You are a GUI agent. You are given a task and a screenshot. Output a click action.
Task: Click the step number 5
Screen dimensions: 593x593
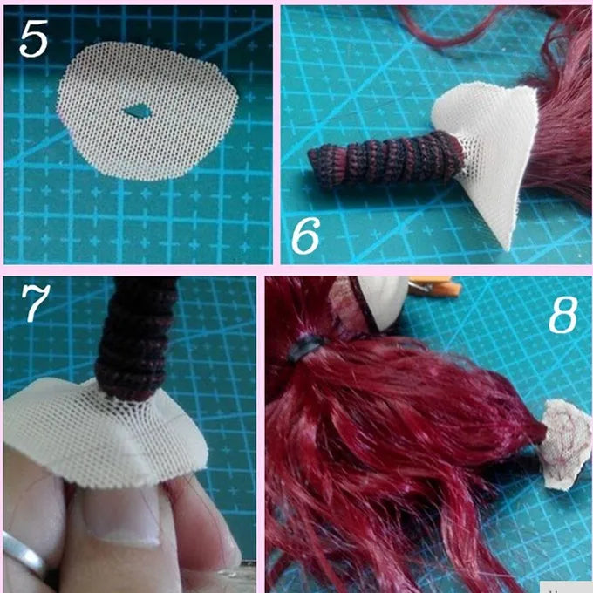pyautogui.click(x=34, y=38)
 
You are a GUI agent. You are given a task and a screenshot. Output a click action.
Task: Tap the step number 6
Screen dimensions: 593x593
pyautogui.click(x=305, y=235)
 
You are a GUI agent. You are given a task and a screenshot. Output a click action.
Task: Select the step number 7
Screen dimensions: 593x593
pyautogui.click(x=35, y=303)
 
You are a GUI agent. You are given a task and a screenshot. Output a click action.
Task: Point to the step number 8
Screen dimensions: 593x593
pyautogui.click(x=563, y=314)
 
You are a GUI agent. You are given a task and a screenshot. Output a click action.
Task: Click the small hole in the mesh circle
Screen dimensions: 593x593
pyautogui.click(x=137, y=111)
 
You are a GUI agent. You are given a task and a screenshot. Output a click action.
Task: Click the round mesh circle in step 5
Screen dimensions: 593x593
pyautogui.click(x=147, y=111)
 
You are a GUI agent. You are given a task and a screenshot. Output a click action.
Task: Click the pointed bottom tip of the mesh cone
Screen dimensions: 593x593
pyautogui.click(x=508, y=249)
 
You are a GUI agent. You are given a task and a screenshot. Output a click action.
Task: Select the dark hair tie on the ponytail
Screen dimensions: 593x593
pyautogui.click(x=305, y=347)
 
